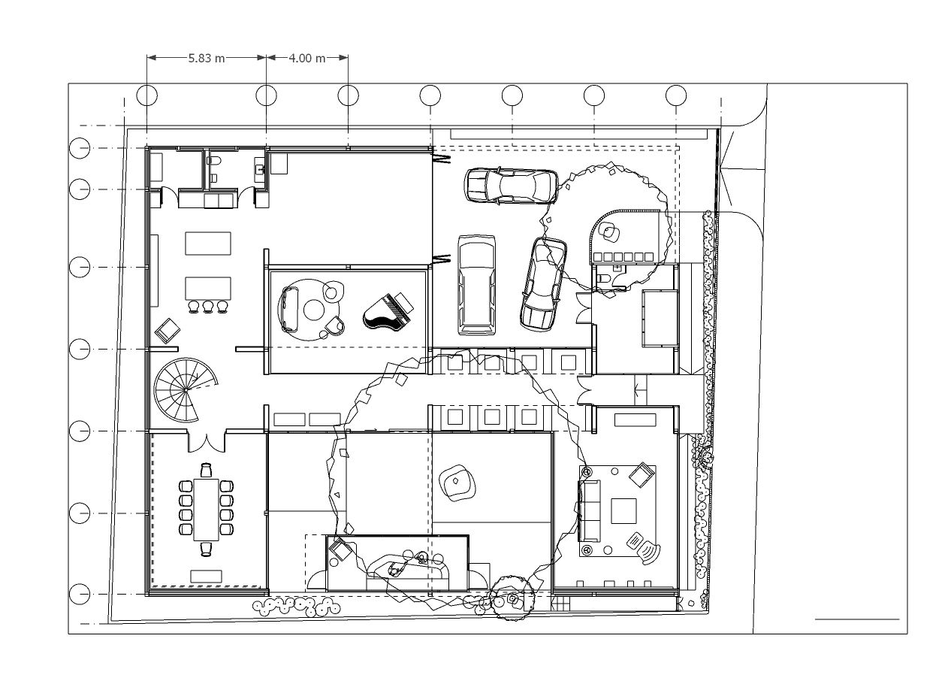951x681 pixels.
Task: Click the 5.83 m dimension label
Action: [x=207, y=58]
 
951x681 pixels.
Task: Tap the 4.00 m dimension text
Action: [x=307, y=58]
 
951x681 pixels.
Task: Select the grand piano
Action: [x=388, y=311]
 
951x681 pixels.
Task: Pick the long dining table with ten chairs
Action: [x=207, y=510]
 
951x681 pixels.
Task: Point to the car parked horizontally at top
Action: [x=511, y=186]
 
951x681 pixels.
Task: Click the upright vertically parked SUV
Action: [x=476, y=285]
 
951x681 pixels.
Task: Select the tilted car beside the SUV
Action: [x=543, y=284]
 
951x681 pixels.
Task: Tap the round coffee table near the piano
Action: [x=314, y=310]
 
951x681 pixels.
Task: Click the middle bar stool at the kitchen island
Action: [x=207, y=307]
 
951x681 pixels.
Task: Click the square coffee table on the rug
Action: [x=623, y=511]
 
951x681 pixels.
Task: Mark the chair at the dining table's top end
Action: [x=207, y=470]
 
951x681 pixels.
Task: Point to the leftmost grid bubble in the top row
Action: [x=147, y=95]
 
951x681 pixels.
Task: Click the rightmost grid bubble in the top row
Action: [x=676, y=95]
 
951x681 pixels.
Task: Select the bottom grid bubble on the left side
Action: [x=80, y=594]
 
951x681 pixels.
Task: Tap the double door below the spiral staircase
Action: [x=207, y=442]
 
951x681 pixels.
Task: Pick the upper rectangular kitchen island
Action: [x=208, y=244]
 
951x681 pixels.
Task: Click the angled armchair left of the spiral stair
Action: [x=168, y=331]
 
